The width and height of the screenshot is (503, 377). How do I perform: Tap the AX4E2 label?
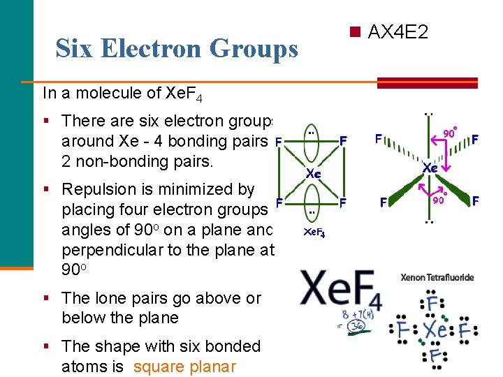pos(398,32)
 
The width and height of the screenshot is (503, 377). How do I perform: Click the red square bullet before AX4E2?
pos(356,32)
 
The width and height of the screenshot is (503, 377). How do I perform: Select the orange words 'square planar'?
pos(184,367)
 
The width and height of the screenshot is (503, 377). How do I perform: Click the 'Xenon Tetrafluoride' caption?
pos(437,277)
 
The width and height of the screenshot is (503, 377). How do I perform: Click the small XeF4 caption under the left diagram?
pos(314,232)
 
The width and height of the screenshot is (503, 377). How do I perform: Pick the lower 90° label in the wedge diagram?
pos(438,201)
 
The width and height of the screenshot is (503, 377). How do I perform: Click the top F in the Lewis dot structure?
pos(432,304)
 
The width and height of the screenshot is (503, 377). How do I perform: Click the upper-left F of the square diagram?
pos(278,141)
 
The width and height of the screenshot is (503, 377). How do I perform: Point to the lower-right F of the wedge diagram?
pos(475,202)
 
